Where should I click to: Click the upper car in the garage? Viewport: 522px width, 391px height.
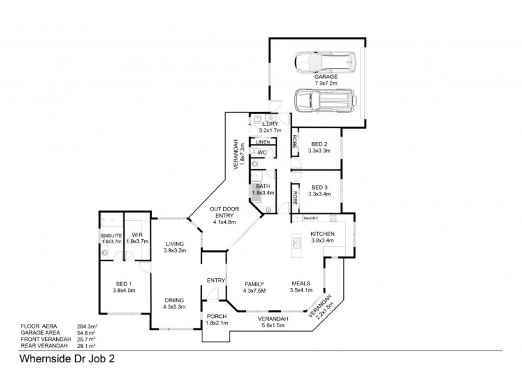325,63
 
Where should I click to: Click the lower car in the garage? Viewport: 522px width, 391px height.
324,101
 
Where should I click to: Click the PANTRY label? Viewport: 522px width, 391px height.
311,218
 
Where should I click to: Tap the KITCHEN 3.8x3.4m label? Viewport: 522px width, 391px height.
322,237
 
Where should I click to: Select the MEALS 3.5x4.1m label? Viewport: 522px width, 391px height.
301,287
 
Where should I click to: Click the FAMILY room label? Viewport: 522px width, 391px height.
254,287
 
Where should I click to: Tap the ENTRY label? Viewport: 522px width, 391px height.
215,281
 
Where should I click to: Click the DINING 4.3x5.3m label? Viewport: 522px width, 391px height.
175,303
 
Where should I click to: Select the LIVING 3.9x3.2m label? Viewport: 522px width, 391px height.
175,246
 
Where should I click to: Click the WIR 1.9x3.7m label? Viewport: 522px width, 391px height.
137,239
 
